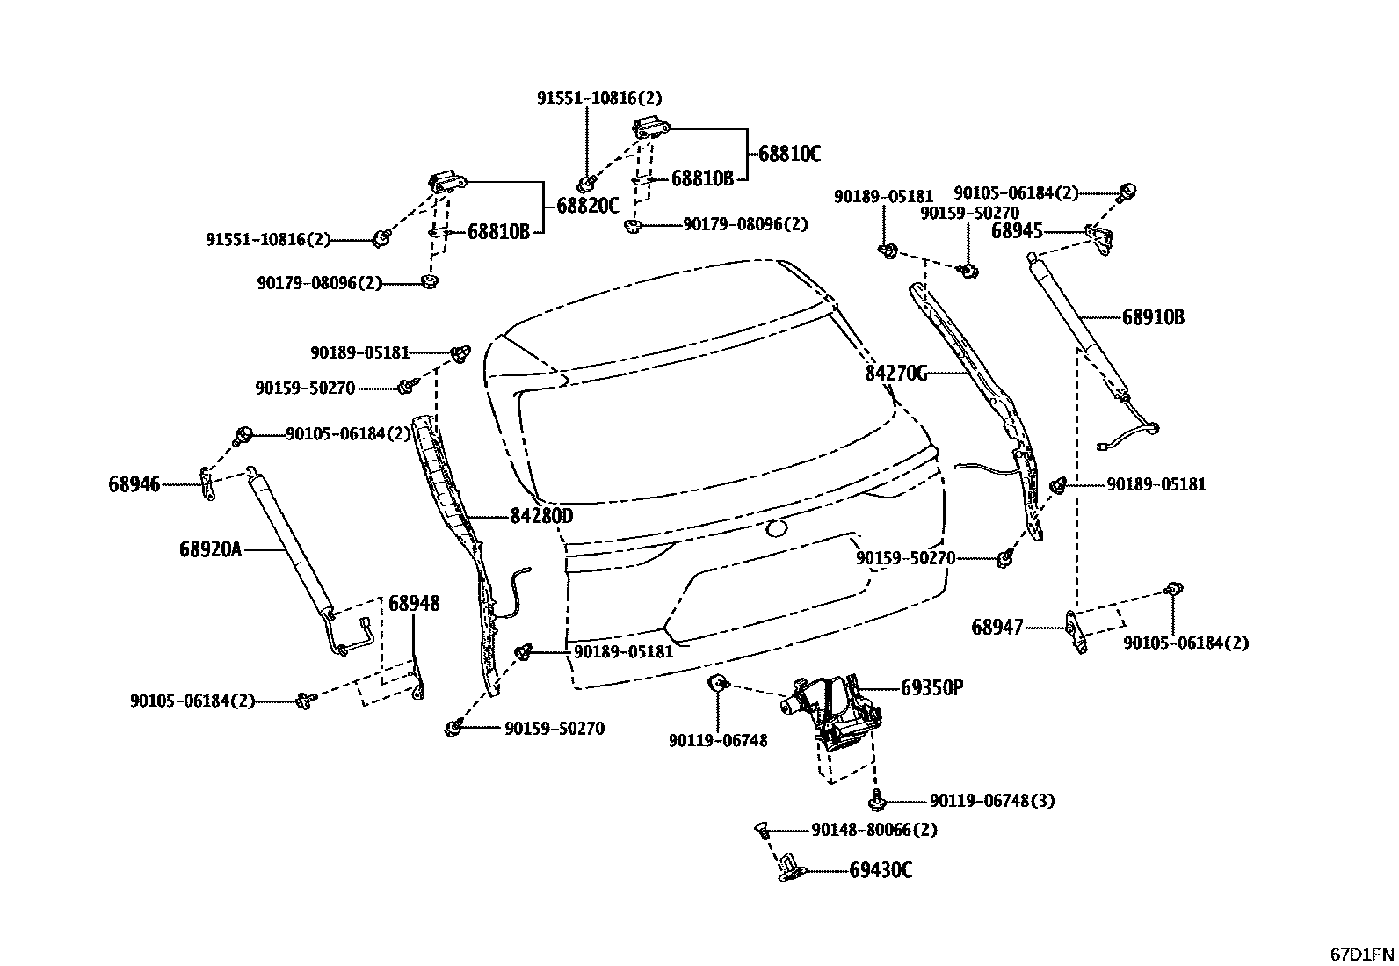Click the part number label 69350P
tap(931, 687)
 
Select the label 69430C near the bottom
tap(881, 870)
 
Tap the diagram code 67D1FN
tap(1361, 954)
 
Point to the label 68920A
tap(210, 549)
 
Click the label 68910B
tap(1153, 317)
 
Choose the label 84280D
tap(541, 516)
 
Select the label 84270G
tap(895, 374)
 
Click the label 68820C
tap(588, 207)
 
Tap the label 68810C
tap(789, 154)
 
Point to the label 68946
tap(134, 483)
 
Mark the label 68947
tap(997, 628)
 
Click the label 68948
tap(414, 604)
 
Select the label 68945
tap(1017, 231)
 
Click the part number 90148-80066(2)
tap(874, 830)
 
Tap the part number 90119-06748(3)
tap(992, 801)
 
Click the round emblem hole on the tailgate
tap(776, 528)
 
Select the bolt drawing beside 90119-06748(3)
tap(876, 800)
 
